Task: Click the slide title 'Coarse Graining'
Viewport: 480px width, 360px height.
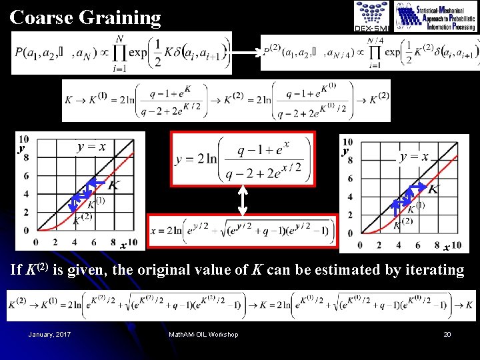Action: point(85,17)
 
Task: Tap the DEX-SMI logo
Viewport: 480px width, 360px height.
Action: point(371,16)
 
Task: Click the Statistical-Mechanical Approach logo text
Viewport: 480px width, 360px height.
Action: point(436,17)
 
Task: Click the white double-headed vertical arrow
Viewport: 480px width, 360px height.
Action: point(243,199)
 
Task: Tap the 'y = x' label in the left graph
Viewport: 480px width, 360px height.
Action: point(91,147)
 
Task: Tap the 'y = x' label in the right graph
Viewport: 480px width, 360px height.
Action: point(414,157)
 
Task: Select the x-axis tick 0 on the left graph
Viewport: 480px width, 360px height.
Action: point(35,242)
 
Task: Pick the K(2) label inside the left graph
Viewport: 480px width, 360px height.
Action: point(83,219)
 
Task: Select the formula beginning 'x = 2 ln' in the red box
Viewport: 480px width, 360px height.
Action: point(241,232)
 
